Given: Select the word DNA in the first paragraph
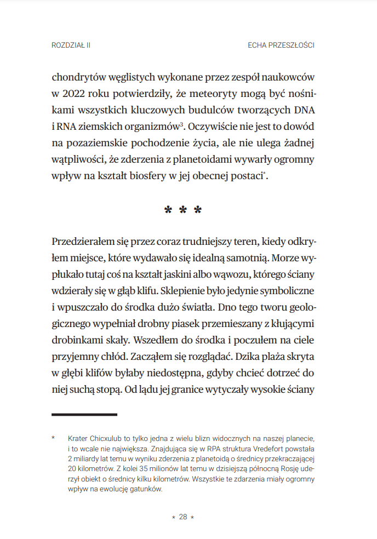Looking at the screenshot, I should pos(304,111).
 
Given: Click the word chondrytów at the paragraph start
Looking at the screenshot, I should pos(79,77).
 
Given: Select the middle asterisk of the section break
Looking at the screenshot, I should pos(183,211).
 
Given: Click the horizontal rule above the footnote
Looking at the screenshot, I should pos(84,415).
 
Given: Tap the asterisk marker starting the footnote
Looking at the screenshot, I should pos(54,438).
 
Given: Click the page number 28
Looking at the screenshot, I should pos(183,517).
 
